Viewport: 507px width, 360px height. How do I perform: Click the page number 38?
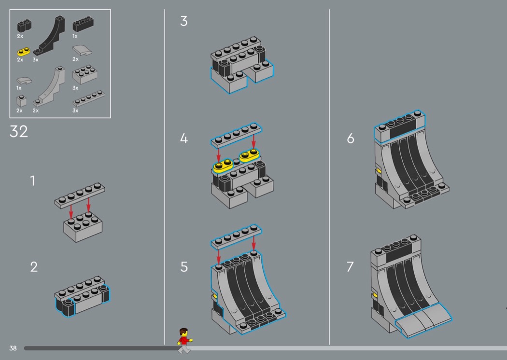point(13,348)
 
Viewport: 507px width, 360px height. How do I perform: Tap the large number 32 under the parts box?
point(19,132)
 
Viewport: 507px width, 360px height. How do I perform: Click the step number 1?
point(33,180)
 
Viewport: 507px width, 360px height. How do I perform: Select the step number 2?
point(34,267)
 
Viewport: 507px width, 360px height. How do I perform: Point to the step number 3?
point(184,21)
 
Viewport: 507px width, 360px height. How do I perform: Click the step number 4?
point(184,138)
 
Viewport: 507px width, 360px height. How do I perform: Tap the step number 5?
point(184,267)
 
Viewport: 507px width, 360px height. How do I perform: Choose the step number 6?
point(351,138)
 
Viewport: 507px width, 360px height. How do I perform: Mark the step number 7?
point(350,267)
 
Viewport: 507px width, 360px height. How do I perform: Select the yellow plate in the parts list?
point(23,52)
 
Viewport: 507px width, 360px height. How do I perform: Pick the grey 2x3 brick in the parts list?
point(85,75)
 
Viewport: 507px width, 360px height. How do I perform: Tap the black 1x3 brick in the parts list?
point(83,24)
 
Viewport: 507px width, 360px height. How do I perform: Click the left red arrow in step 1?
point(71,211)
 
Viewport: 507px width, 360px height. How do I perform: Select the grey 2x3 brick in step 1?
point(83,227)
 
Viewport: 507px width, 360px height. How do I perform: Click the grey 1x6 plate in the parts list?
point(88,98)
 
